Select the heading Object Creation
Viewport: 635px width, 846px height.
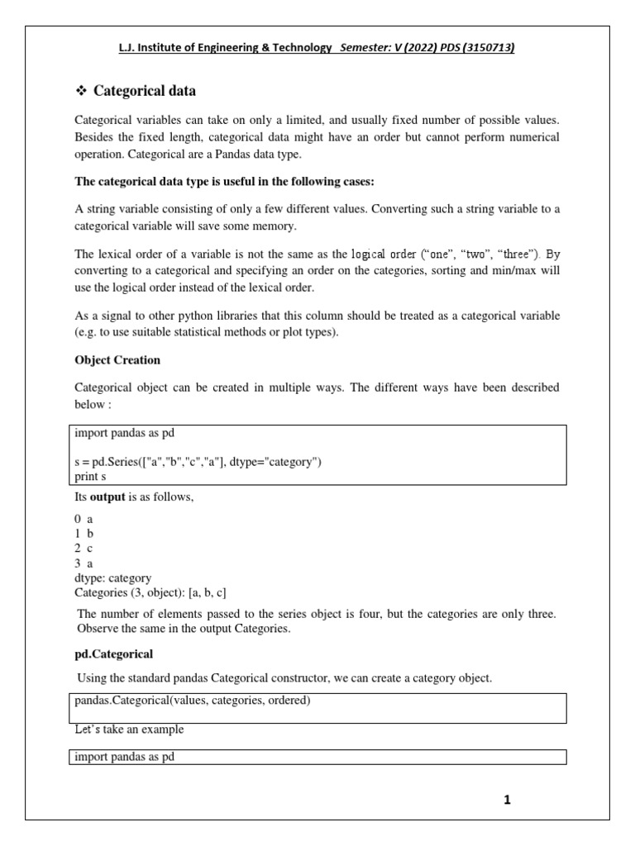(x=117, y=360)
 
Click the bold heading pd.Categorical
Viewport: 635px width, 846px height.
(x=114, y=654)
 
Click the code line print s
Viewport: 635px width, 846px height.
(x=92, y=476)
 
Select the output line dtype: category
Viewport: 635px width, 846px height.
(x=112, y=578)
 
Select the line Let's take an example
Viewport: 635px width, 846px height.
(x=130, y=730)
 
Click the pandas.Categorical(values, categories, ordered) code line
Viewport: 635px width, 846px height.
(x=193, y=701)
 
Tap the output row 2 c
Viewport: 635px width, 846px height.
(x=84, y=549)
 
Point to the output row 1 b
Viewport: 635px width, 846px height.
(x=84, y=534)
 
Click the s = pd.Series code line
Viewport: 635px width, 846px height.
(x=198, y=462)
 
